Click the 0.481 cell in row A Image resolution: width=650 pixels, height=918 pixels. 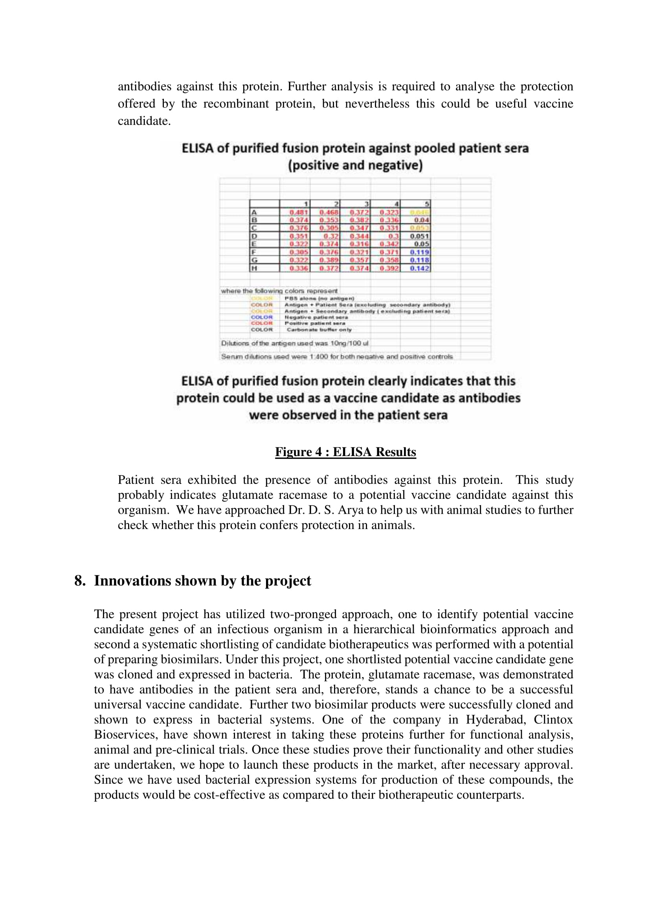tap(299, 212)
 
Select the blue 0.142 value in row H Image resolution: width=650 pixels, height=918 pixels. tap(419, 268)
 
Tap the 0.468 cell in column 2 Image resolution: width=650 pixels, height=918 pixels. tap(329, 212)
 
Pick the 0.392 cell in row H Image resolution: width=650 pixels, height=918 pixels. tap(389, 268)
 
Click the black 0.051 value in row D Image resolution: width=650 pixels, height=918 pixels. tap(419, 236)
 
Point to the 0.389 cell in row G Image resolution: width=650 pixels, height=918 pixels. tap(329, 260)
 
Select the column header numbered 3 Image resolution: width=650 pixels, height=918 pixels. tap(367, 204)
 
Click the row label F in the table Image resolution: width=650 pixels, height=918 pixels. tap(253, 252)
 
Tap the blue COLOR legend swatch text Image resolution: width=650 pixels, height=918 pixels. tap(262, 317)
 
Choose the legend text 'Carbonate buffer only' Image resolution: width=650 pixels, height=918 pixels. tap(319, 329)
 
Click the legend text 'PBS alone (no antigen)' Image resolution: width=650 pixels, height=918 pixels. tap(319, 298)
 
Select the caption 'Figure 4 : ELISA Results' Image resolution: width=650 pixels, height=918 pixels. tap(345, 452)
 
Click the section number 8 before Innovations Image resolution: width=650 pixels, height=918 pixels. tap(79, 581)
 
